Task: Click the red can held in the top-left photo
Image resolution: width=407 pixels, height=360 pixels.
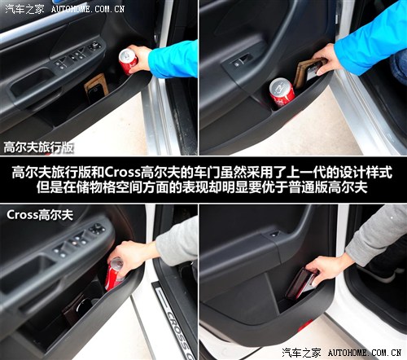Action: (128, 61)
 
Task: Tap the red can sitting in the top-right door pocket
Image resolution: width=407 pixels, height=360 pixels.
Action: (282, 93)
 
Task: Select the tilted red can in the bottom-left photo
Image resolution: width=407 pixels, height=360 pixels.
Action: (115, 274)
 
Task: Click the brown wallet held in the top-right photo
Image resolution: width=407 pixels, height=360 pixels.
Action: (310, 72)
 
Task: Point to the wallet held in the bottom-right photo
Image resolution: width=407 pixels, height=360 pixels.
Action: (301, 283)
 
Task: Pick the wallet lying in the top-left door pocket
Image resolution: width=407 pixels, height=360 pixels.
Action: (95, 89)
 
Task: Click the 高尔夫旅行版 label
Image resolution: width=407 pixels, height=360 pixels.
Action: (38, 147)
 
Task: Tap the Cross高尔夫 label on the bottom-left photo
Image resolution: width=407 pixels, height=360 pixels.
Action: (40, 215)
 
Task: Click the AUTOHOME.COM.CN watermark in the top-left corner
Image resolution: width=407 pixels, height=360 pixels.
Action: (88, 9)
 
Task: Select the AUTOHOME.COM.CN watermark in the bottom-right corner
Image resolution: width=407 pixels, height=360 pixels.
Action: (365, 353)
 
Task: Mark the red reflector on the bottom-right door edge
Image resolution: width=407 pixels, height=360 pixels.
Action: (304, 325)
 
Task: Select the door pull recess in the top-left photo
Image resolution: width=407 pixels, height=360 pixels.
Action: (32, 81)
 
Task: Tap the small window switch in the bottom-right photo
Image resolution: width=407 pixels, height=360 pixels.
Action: (274, 235)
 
